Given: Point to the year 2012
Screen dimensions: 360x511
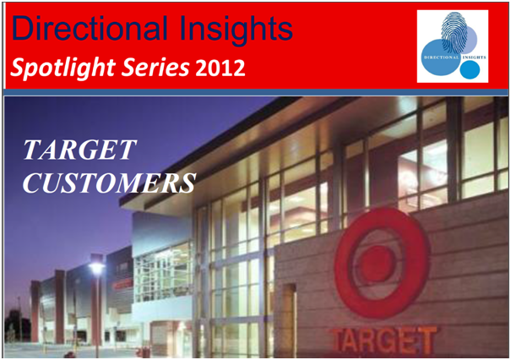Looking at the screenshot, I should (221, 68).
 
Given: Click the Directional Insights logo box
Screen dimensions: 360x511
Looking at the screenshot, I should (452, 46).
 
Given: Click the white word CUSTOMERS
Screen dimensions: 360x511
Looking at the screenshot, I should (109, 182).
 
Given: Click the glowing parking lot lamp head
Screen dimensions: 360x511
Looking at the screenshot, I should (96, 268).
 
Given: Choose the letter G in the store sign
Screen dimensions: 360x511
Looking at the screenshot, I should (393, 340).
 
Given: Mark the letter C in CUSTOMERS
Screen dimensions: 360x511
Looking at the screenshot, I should (34, 182).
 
